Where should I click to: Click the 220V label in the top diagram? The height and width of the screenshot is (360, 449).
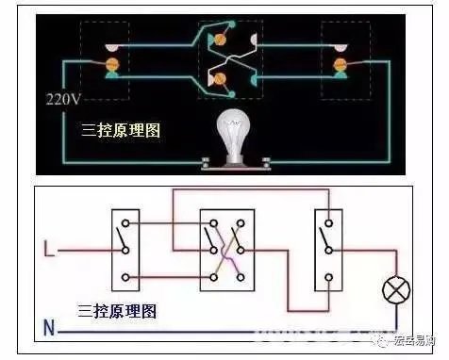pos(63,98)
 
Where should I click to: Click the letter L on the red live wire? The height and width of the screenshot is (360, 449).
pos(48,251)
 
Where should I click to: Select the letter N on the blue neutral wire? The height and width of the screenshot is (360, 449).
pos(48,330)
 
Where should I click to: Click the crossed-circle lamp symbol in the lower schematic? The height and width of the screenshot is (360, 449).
pos(394,290)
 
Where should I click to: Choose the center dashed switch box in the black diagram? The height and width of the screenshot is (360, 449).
pos(229,58)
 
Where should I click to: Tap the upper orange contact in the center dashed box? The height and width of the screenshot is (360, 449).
pos(223,40)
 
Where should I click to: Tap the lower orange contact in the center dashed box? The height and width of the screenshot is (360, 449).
pos(223,79)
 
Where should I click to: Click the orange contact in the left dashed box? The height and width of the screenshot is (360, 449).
pos(111,63)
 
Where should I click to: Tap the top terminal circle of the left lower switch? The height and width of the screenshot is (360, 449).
pos(125,223)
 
